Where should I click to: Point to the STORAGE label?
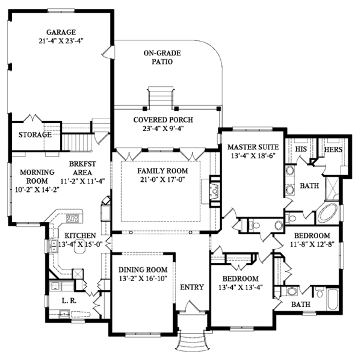pos(34,135)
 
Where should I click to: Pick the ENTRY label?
pos(192,287)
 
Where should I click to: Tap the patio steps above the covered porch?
pos(161,96)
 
